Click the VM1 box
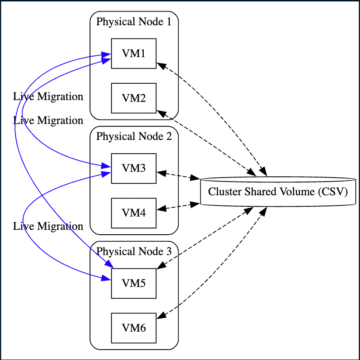pyautogui.click(x=134, y=54)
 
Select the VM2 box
pyautogui.click(x=134, y=98)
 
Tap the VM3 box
pyautogui.click(x=134, y=168)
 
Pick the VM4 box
pyautogui.click(x=134, y=213)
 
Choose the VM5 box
pyautogui.click(x=134, y=283)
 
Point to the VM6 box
pyautogui.click(x=134, y=328)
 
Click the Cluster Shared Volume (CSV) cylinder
pyautogui.click(x=278, y=192)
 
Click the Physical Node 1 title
pyautogui.click(x=134, y=22)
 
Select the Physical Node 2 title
pyautogui.click(x=134, y=136)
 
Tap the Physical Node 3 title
pyautogui.click(x=134, y=252)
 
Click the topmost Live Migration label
pyautogui.click(x=48, y=97)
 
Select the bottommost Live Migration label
pyautogui.click(x=48, y=227)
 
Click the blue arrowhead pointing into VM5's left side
pyautogui.click(x=106, y=279)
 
